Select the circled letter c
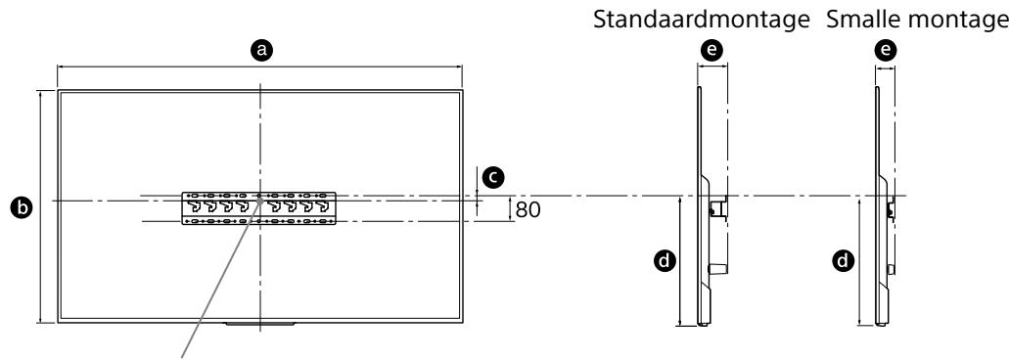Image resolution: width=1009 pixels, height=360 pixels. click(x=494, y=176)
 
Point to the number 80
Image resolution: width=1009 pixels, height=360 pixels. click(x=527, y=208)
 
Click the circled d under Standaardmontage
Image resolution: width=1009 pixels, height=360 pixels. click(x=663, y=260)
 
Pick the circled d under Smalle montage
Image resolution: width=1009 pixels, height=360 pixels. click(x=842, y=260)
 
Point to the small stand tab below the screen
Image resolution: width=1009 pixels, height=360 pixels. click(x=259, y=322)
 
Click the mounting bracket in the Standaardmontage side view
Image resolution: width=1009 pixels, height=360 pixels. click(x=716, y=207)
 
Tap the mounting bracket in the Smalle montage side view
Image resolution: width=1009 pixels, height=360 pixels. click(x=891, y=207)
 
